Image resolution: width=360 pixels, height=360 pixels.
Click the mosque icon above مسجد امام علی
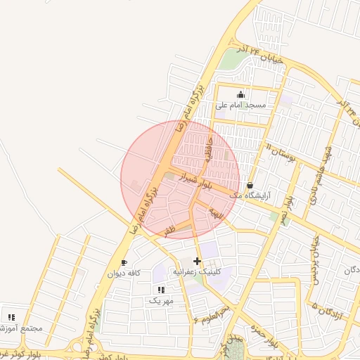click(x=241, y=95)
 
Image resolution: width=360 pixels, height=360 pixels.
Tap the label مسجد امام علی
click(x=240, y=105)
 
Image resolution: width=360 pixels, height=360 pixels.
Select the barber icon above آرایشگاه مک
click(x=250, y=186)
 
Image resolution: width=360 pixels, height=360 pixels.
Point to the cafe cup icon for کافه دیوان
click(x=124, y=263)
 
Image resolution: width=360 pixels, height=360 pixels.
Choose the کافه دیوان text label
click(x=124, y=273)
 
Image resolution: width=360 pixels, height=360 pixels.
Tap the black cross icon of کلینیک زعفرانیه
click(x=197, y=261)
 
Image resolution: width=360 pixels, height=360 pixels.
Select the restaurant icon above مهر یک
click(x=161, y=289)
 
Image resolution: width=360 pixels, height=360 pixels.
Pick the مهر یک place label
click(x=160, y=300)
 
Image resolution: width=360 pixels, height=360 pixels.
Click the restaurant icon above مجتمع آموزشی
click(x=11, y=316)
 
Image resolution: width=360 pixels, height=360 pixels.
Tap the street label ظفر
click(x=169, y=230)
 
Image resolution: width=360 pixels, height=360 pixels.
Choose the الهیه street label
click(x=214, y=211)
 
